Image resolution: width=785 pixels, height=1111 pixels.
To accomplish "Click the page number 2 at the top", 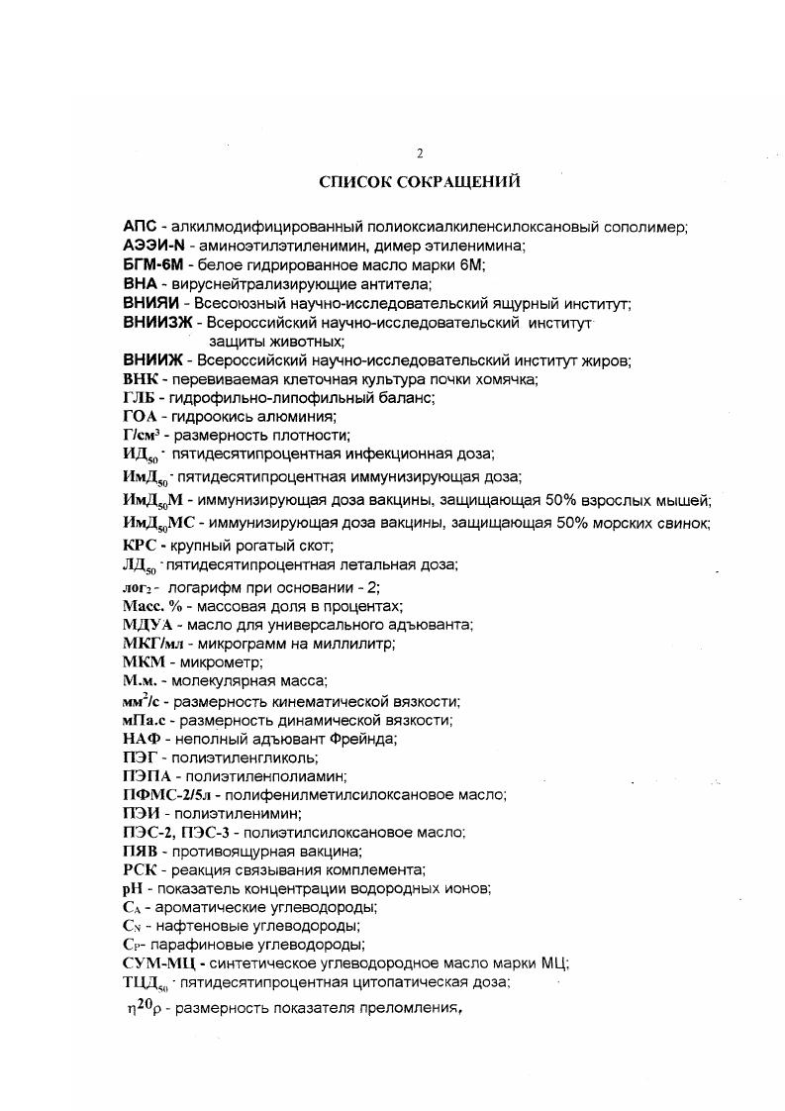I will pos(420,153).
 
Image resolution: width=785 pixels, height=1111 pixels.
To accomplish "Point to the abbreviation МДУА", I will pos(147,624).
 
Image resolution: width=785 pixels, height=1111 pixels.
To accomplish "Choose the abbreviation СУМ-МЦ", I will pos(161,963).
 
